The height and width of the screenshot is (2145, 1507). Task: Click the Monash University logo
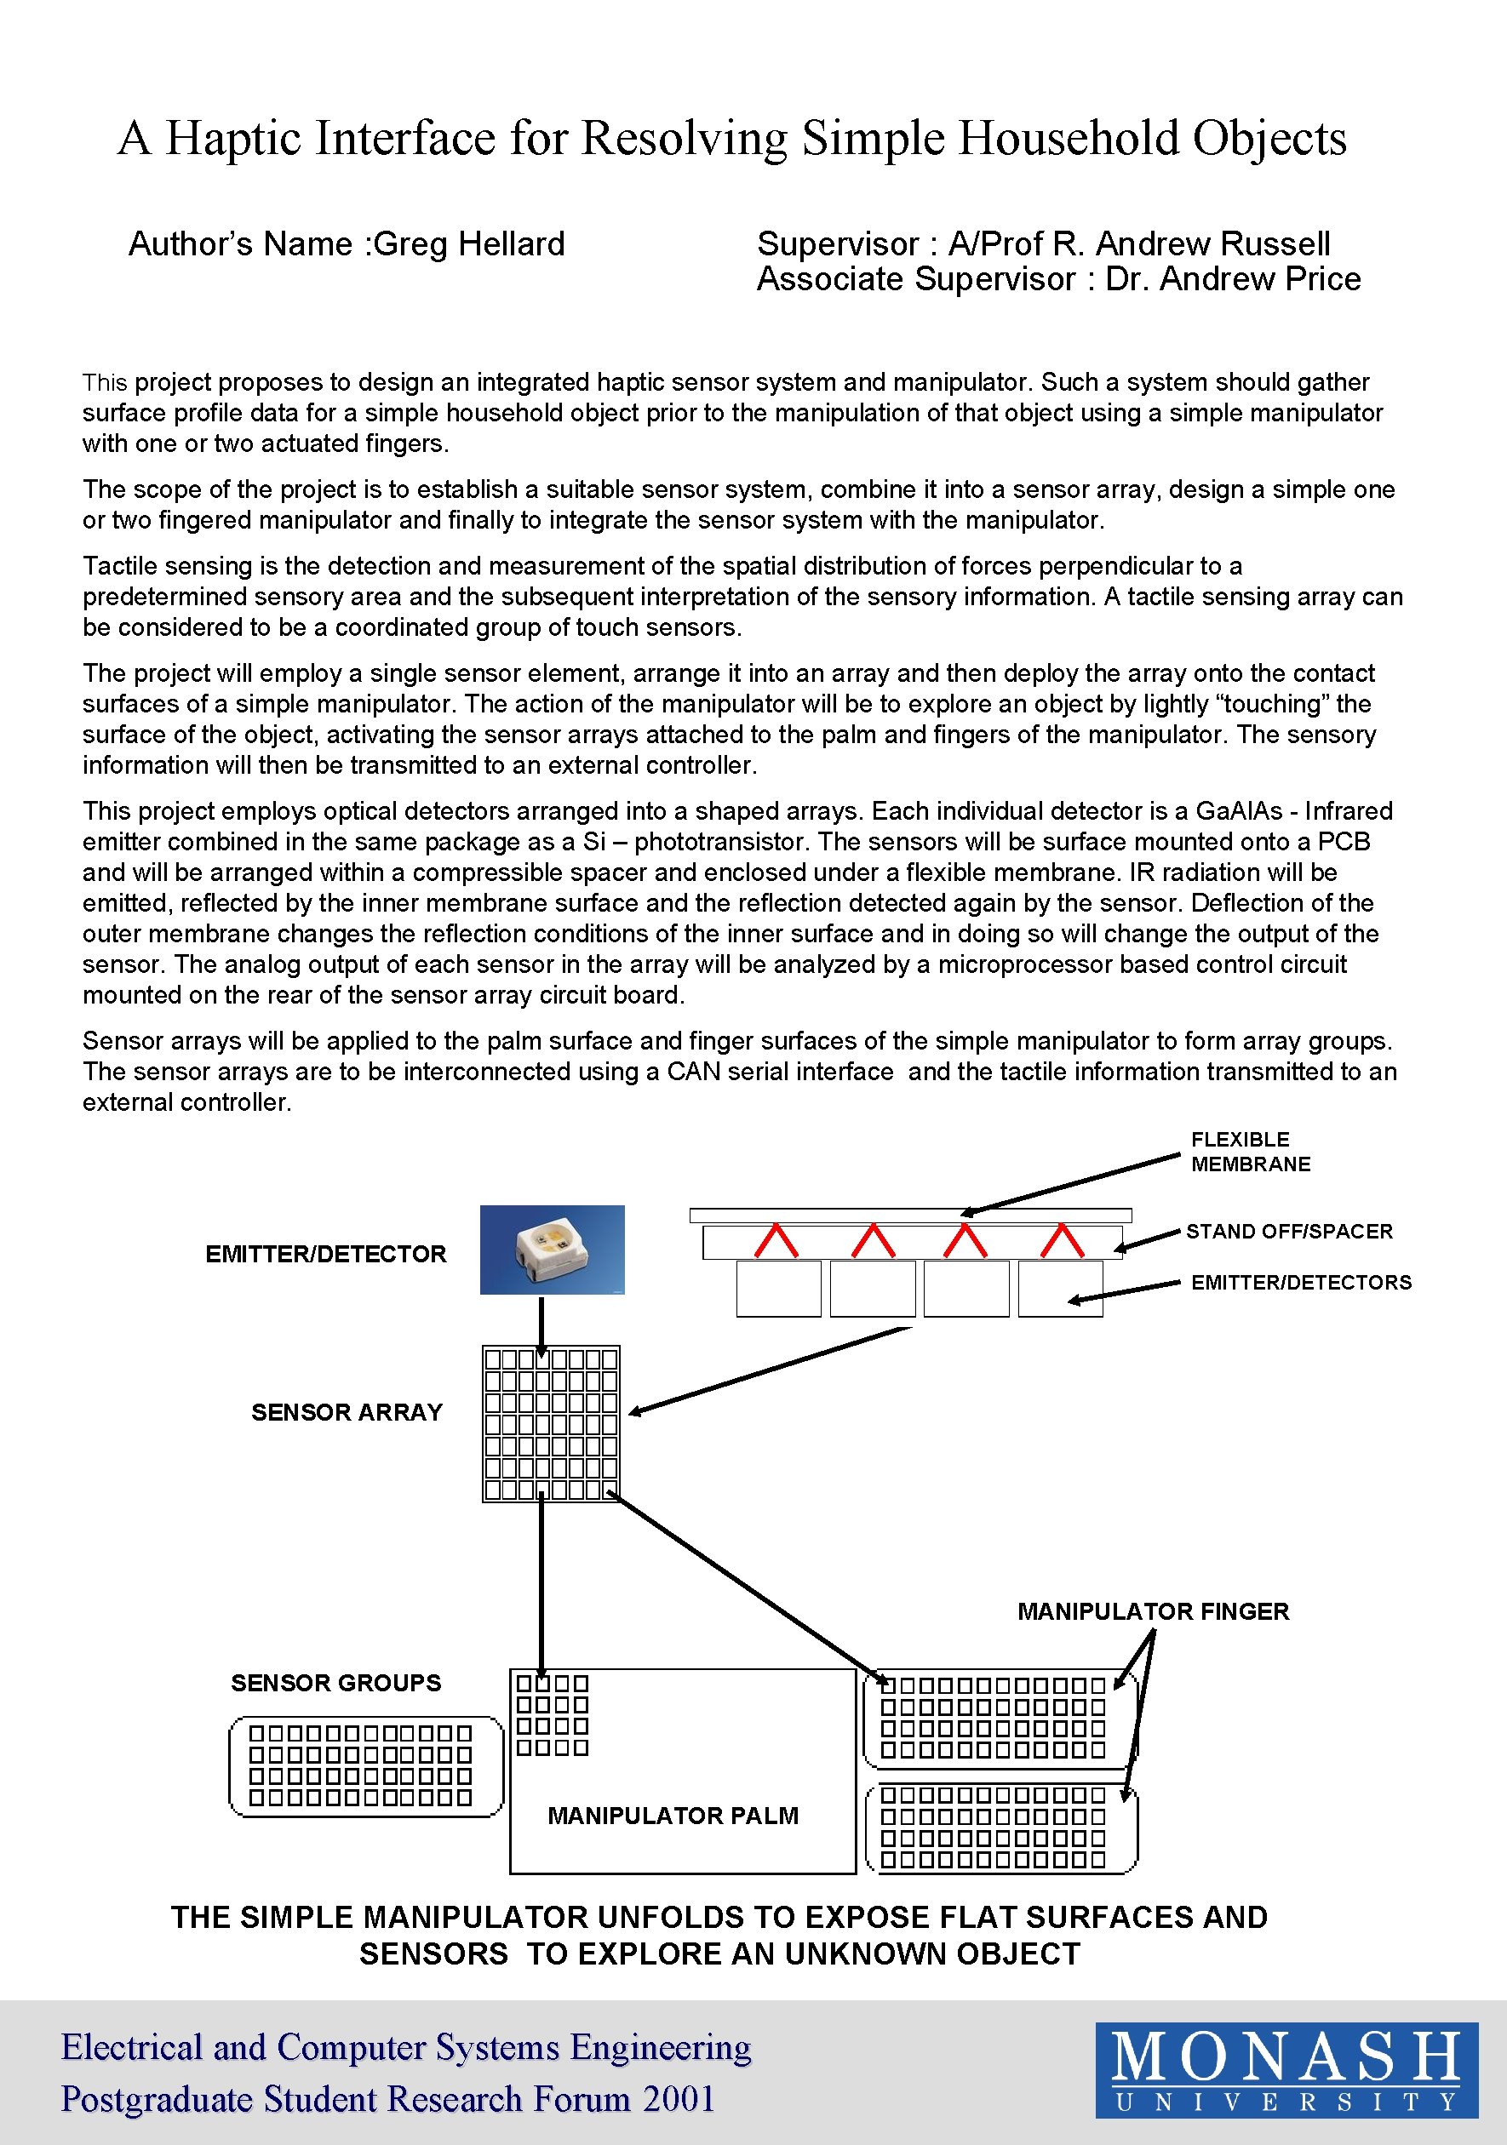1286,2069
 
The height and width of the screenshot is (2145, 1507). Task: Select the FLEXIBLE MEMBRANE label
1250,1151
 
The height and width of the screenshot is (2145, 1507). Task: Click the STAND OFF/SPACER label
1289,1232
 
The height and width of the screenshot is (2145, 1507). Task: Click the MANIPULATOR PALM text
673,1816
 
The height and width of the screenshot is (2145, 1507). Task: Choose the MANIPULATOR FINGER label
1153,1610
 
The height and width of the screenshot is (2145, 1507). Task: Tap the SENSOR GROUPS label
335,1683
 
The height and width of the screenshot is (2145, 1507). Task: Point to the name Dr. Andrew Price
1232,278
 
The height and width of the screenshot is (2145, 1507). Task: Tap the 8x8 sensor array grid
551,1423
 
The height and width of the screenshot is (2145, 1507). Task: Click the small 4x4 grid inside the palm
553,1715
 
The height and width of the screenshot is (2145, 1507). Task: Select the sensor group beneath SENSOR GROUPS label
365,1766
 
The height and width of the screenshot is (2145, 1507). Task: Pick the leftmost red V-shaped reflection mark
776,1241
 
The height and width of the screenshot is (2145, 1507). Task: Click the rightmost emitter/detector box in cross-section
1059,1289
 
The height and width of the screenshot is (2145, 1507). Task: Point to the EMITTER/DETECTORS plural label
1300,1283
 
